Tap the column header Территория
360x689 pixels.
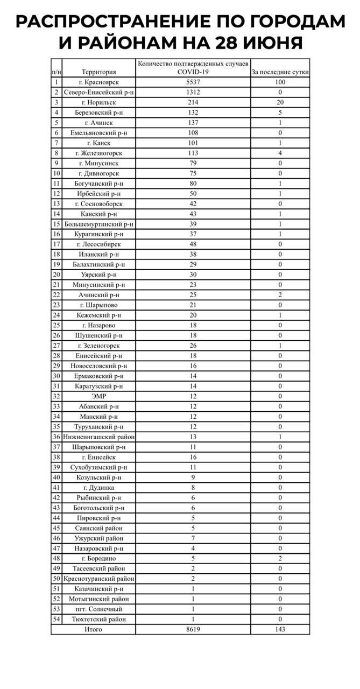[99, 72]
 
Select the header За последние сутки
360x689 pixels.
[280, 72]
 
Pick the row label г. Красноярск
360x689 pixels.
[99, 82]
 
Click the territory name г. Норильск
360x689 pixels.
[99, 102]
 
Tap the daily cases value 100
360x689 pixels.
[280, 82]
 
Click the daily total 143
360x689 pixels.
[280, 629]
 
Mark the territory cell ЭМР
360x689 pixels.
[99, 396]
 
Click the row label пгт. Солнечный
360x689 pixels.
[99, 609]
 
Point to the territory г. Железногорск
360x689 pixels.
[99, 153]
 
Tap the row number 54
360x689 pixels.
[57, 619]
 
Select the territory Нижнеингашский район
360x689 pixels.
[99, 437]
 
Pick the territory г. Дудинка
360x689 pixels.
[99, 488]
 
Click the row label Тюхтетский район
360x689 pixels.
[99, 619]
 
